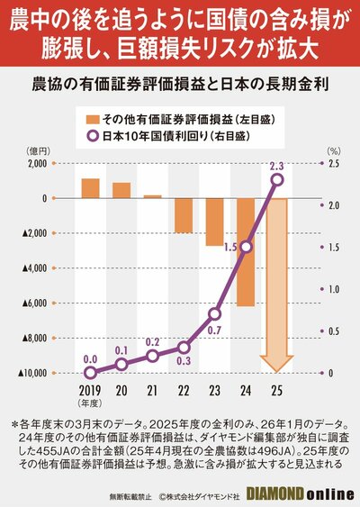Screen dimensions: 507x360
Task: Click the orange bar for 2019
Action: pyautogui.click(x=90, y=187)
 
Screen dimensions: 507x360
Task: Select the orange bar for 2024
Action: pyautogui.click(x=246, y=252)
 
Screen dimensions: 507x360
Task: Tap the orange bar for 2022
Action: pyautogui.click(x=184, y=215)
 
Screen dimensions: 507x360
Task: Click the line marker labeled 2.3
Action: pyautogui.click(x=277, y=180)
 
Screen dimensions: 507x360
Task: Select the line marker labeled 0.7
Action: pyautogui.click(x=215, y=313)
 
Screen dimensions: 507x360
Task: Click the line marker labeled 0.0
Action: pyautogui.click(x=90, y=372)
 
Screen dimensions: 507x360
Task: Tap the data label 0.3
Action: pyautogui.click(x=183, y=362)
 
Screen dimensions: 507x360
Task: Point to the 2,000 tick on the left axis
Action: pyautogui.click(x=37, y=163)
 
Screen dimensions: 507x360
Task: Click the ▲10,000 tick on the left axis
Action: pyautogui.click(x=32, y=373)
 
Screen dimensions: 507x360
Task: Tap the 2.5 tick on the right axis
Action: pyautogui.click(x=333, y=163)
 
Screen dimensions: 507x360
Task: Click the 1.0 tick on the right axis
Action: pyautogui.click(x=333, y=289)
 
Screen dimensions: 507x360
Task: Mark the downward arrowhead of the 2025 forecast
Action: pyautogui.click(x=277, y=364)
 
